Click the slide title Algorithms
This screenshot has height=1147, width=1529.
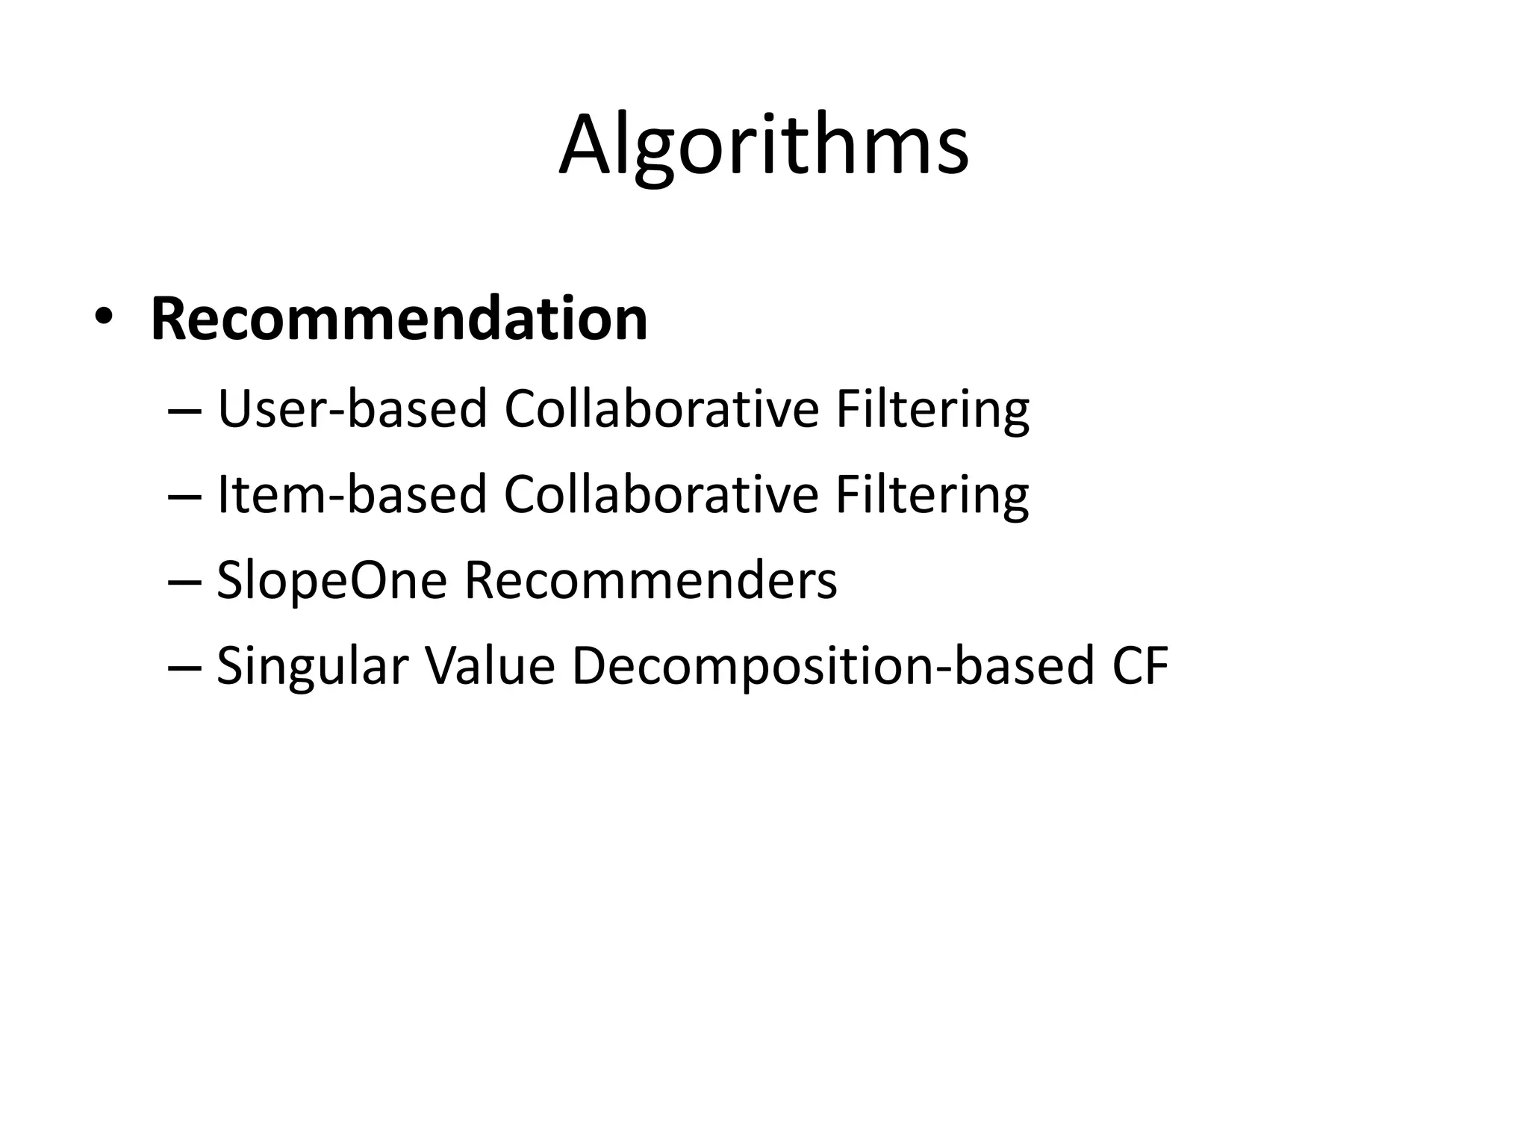(764, 145)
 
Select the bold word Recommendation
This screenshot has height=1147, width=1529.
(399, 320)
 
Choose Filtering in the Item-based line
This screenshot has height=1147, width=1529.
(932, 496)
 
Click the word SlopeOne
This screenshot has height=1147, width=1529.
(331, 581)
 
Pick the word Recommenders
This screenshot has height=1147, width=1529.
(650, 580)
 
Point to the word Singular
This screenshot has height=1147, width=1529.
(312, 666)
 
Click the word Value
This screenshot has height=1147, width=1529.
(490, 665)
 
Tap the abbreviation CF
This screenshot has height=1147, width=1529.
(1140, 665)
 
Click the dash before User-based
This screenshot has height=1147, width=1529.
(186, 411)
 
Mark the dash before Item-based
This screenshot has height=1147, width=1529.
(186, 497)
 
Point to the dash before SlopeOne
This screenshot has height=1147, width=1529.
(186, 582)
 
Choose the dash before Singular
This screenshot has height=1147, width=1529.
(186, 668)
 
